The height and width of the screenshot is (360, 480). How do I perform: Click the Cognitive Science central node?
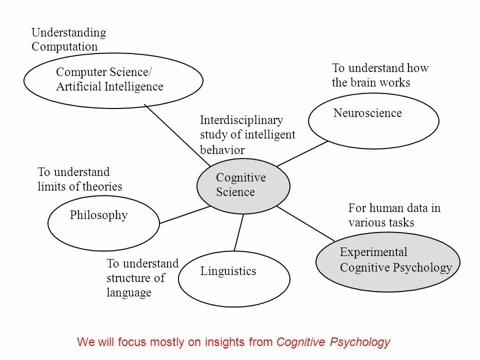[243, 185]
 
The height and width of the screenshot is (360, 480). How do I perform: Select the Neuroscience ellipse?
[373, 120]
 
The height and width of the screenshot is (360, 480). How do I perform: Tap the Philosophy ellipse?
[103, 223]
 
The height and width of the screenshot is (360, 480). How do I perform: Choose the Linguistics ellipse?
[234, 278]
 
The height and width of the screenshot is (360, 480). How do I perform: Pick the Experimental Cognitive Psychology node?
[387, 261]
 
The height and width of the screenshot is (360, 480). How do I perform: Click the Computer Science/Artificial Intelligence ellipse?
[113, 80]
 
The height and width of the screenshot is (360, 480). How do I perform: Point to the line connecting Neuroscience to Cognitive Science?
[302, 153]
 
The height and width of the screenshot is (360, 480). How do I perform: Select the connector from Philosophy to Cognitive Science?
[184, 214]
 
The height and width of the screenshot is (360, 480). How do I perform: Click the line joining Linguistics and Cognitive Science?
[238, 232]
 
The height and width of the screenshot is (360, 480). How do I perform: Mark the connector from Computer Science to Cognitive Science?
[177, 135]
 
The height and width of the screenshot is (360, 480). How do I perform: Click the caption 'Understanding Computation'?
[68, 39]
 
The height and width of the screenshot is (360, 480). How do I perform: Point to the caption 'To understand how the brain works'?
[380, 75]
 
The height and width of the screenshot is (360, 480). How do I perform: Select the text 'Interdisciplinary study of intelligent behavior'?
[247, 134]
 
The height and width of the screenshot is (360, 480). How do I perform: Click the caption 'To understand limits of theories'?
[79, 179]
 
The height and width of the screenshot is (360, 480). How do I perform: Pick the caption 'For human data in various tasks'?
[394, 215]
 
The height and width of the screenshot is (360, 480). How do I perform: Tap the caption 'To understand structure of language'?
[142, 277]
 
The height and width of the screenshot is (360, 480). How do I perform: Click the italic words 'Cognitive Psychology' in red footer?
[333, 342]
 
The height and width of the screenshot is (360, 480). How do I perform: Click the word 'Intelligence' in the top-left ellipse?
[134, 86]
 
